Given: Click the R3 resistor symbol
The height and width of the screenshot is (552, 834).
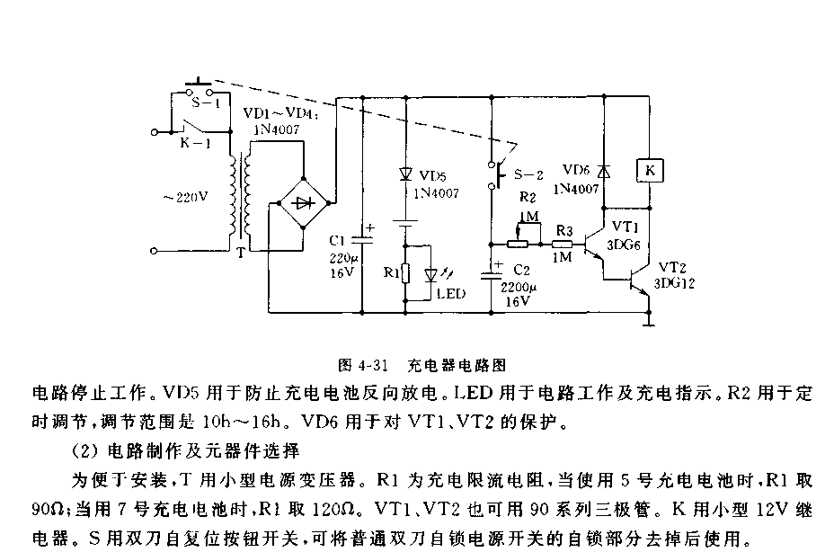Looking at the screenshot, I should [x=563, y=244].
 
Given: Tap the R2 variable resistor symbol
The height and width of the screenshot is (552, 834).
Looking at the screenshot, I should [x=519, y=243].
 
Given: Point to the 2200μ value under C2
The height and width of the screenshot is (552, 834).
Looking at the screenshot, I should [x=519, y=288].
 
